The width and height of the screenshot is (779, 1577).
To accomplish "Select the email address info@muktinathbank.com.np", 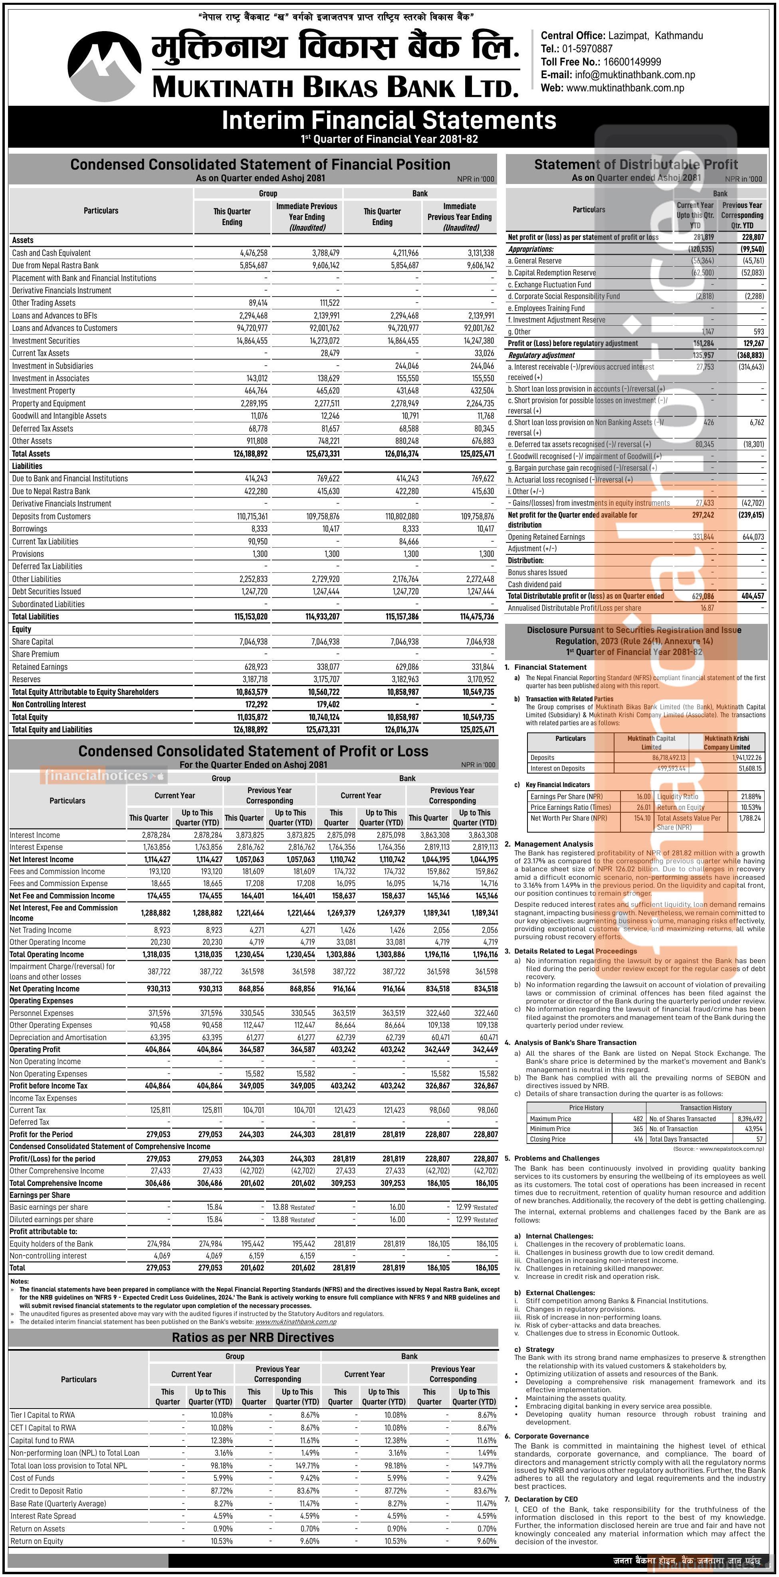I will point(634,75).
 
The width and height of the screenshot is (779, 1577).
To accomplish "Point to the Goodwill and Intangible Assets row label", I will point(59,416).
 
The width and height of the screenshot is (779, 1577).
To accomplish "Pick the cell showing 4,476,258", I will point(254,253).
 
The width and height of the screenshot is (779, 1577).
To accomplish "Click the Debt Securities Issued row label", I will point(47,592).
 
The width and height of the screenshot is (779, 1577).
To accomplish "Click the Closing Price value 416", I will point(638,1139).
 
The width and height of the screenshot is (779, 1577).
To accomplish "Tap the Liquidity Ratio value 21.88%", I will point(751,796).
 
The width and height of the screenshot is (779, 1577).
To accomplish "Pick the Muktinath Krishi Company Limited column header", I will point(726,742).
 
